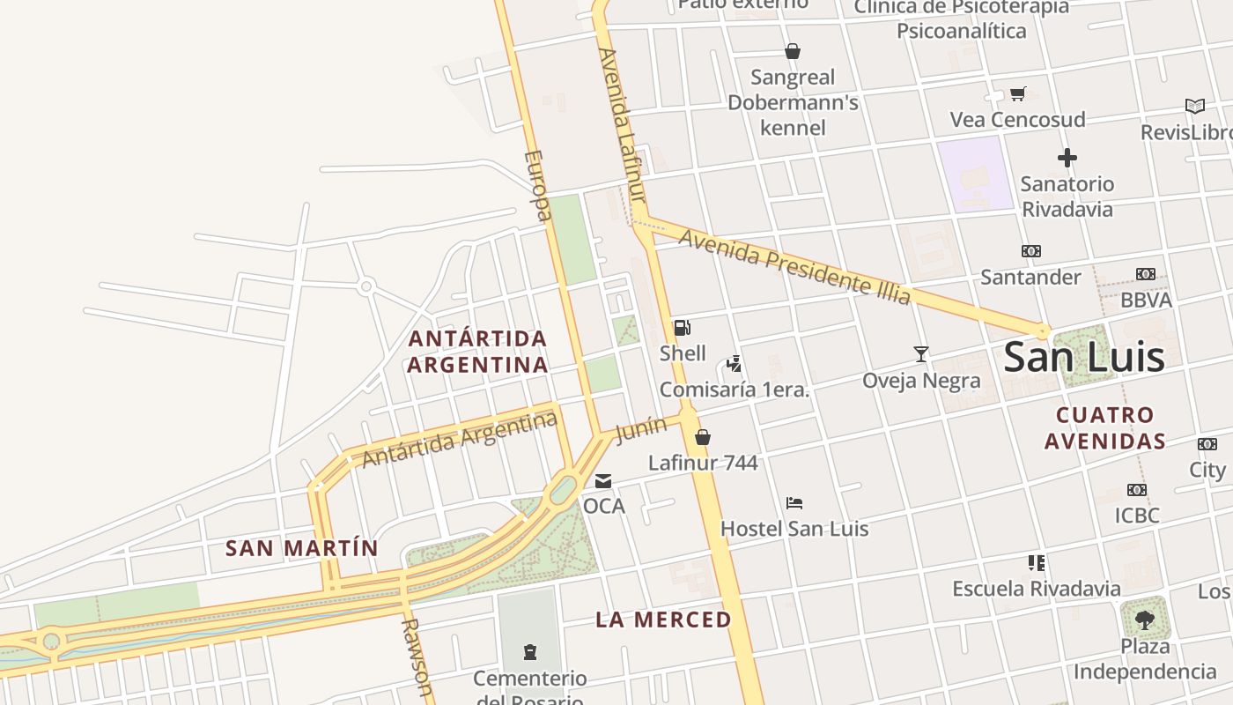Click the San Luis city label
(x=1084, y=357)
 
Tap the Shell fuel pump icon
(x=683, y=328)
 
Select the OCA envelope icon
(x=603, y=481)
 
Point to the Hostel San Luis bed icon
(x=794, y=503)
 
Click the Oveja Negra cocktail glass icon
(x=921, y=354)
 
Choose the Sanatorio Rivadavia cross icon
(x=1067, y=159)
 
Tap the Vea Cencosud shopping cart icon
(x=1018, y=93)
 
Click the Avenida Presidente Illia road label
(x=794, y=267)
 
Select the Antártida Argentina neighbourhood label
(x=477, y=352)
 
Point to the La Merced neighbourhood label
(x=663, y=620)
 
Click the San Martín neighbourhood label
(x=301, y=548)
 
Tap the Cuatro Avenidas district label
(x=1105, y=427)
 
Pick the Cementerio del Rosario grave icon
(x=530, y=652)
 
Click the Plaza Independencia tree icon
(x=1144, y=620)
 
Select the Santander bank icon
(x=1031, y=251)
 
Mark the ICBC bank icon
(x=1137, y=490)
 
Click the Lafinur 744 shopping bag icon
(x=703, y=437)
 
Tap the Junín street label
(x=640, y=429)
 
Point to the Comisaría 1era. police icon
(x=734, y=364)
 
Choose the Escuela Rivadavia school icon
(x=1037, y=562)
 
